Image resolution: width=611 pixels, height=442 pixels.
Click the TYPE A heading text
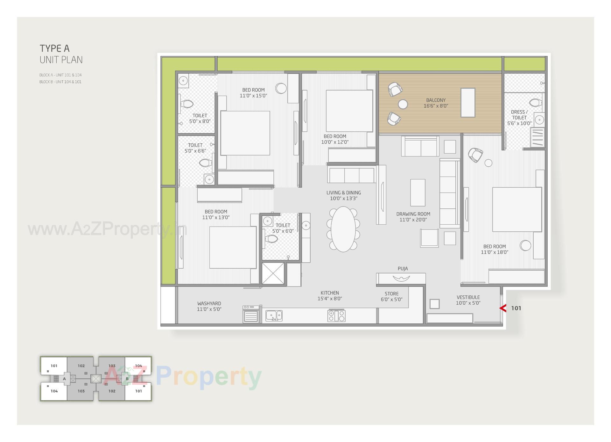click(54, 48)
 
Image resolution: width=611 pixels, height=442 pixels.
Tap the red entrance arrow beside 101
click(503, 308)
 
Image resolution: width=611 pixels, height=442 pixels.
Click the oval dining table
click(343, 229)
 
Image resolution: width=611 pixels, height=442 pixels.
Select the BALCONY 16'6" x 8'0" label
click(436, 103)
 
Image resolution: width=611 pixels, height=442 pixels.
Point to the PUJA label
click(403, 269)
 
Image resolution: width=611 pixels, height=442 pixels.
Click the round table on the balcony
click(403, 104)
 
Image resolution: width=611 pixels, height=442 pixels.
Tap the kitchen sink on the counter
click(274, 316)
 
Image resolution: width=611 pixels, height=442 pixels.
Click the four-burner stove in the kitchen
click(336, 315)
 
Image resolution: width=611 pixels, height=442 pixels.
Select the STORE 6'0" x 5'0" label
click(391, 296)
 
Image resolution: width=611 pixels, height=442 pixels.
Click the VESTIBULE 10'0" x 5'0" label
click(468, 300)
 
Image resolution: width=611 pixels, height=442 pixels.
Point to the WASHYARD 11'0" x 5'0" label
click(209, 306)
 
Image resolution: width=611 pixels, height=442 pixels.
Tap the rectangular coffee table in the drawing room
click(418, 192)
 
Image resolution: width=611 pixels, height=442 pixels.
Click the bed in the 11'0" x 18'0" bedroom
click(517, 209)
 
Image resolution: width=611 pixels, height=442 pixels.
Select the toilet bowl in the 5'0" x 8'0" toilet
click(186, 104)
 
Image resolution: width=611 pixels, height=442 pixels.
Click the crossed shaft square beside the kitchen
click(273, 273)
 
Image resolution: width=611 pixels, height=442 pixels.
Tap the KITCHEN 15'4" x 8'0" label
click(330, 295)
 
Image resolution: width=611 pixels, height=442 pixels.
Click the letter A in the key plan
click(64, 379)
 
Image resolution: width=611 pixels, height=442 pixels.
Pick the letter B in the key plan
click(127, 379)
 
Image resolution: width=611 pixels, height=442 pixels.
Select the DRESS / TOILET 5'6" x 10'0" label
click(519, 118)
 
